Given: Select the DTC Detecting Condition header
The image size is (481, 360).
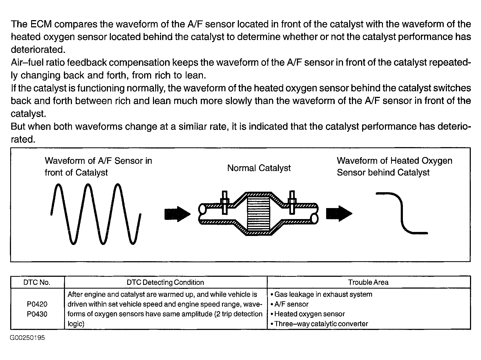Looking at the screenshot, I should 165,282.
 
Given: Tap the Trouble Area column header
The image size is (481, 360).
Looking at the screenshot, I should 368,282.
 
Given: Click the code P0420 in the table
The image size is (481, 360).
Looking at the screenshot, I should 37,304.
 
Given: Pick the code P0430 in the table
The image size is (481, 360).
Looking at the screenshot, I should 37,314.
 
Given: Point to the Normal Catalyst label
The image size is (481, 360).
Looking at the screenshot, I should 259,168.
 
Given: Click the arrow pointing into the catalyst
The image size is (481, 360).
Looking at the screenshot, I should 177,214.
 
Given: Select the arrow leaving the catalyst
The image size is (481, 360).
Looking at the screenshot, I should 339,214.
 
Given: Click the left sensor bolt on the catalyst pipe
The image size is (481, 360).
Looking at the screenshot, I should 224,202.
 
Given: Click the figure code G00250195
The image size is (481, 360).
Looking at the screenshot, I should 27,338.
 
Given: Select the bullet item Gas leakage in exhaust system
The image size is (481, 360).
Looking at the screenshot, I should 323,294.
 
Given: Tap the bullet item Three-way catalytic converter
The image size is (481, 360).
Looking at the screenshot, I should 321,324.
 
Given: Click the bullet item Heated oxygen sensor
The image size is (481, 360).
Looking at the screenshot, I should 309,314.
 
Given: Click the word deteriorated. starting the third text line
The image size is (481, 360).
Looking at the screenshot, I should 38,50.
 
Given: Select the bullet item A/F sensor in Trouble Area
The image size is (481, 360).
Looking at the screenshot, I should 291,304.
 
